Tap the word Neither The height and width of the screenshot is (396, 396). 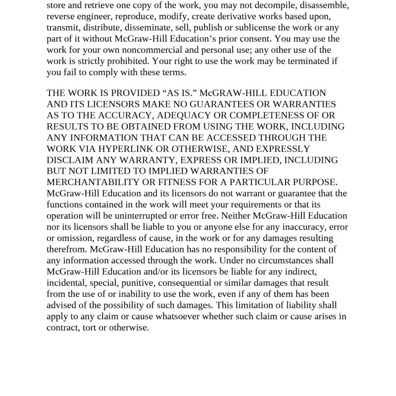point(236,216)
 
